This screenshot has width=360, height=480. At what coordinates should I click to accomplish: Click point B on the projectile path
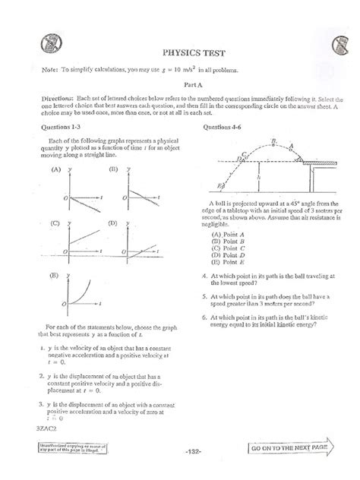(x=272, y=142)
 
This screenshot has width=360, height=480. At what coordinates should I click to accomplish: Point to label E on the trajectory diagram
(x=219, y=185)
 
